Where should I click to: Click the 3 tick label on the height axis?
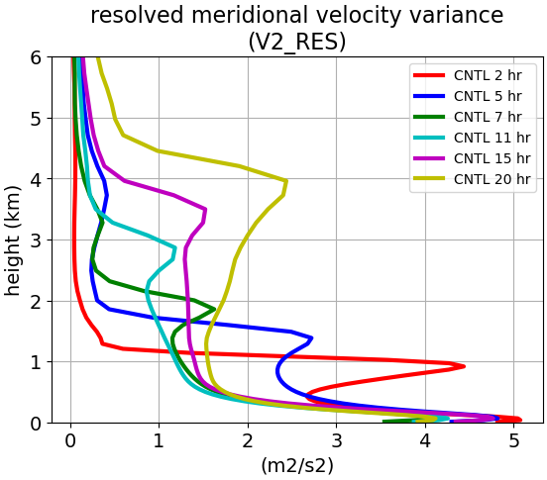[36, 240]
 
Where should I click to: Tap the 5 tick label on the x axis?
[513, 441]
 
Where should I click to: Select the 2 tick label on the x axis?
[248, 441]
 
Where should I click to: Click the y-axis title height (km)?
[12, 240]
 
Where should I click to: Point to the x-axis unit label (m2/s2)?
[297, 466]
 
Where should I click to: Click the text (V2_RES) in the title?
[297, 43]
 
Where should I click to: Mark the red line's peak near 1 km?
[464, 366]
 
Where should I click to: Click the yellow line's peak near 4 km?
[286, 181]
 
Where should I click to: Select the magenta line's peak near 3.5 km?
[206, 210]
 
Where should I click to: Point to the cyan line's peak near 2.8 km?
[174, 248]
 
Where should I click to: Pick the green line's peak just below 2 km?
[214, 309]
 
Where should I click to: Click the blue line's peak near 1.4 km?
[311, 337]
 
